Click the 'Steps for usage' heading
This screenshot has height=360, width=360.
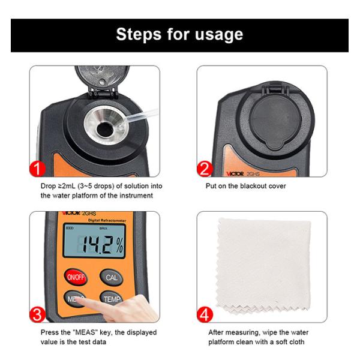(179, 34)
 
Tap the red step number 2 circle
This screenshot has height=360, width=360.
(205, 167)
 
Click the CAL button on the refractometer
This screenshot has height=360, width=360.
(112, 277)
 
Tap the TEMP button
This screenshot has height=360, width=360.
(112, 298)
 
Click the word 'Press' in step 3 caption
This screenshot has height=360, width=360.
(50, 332)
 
